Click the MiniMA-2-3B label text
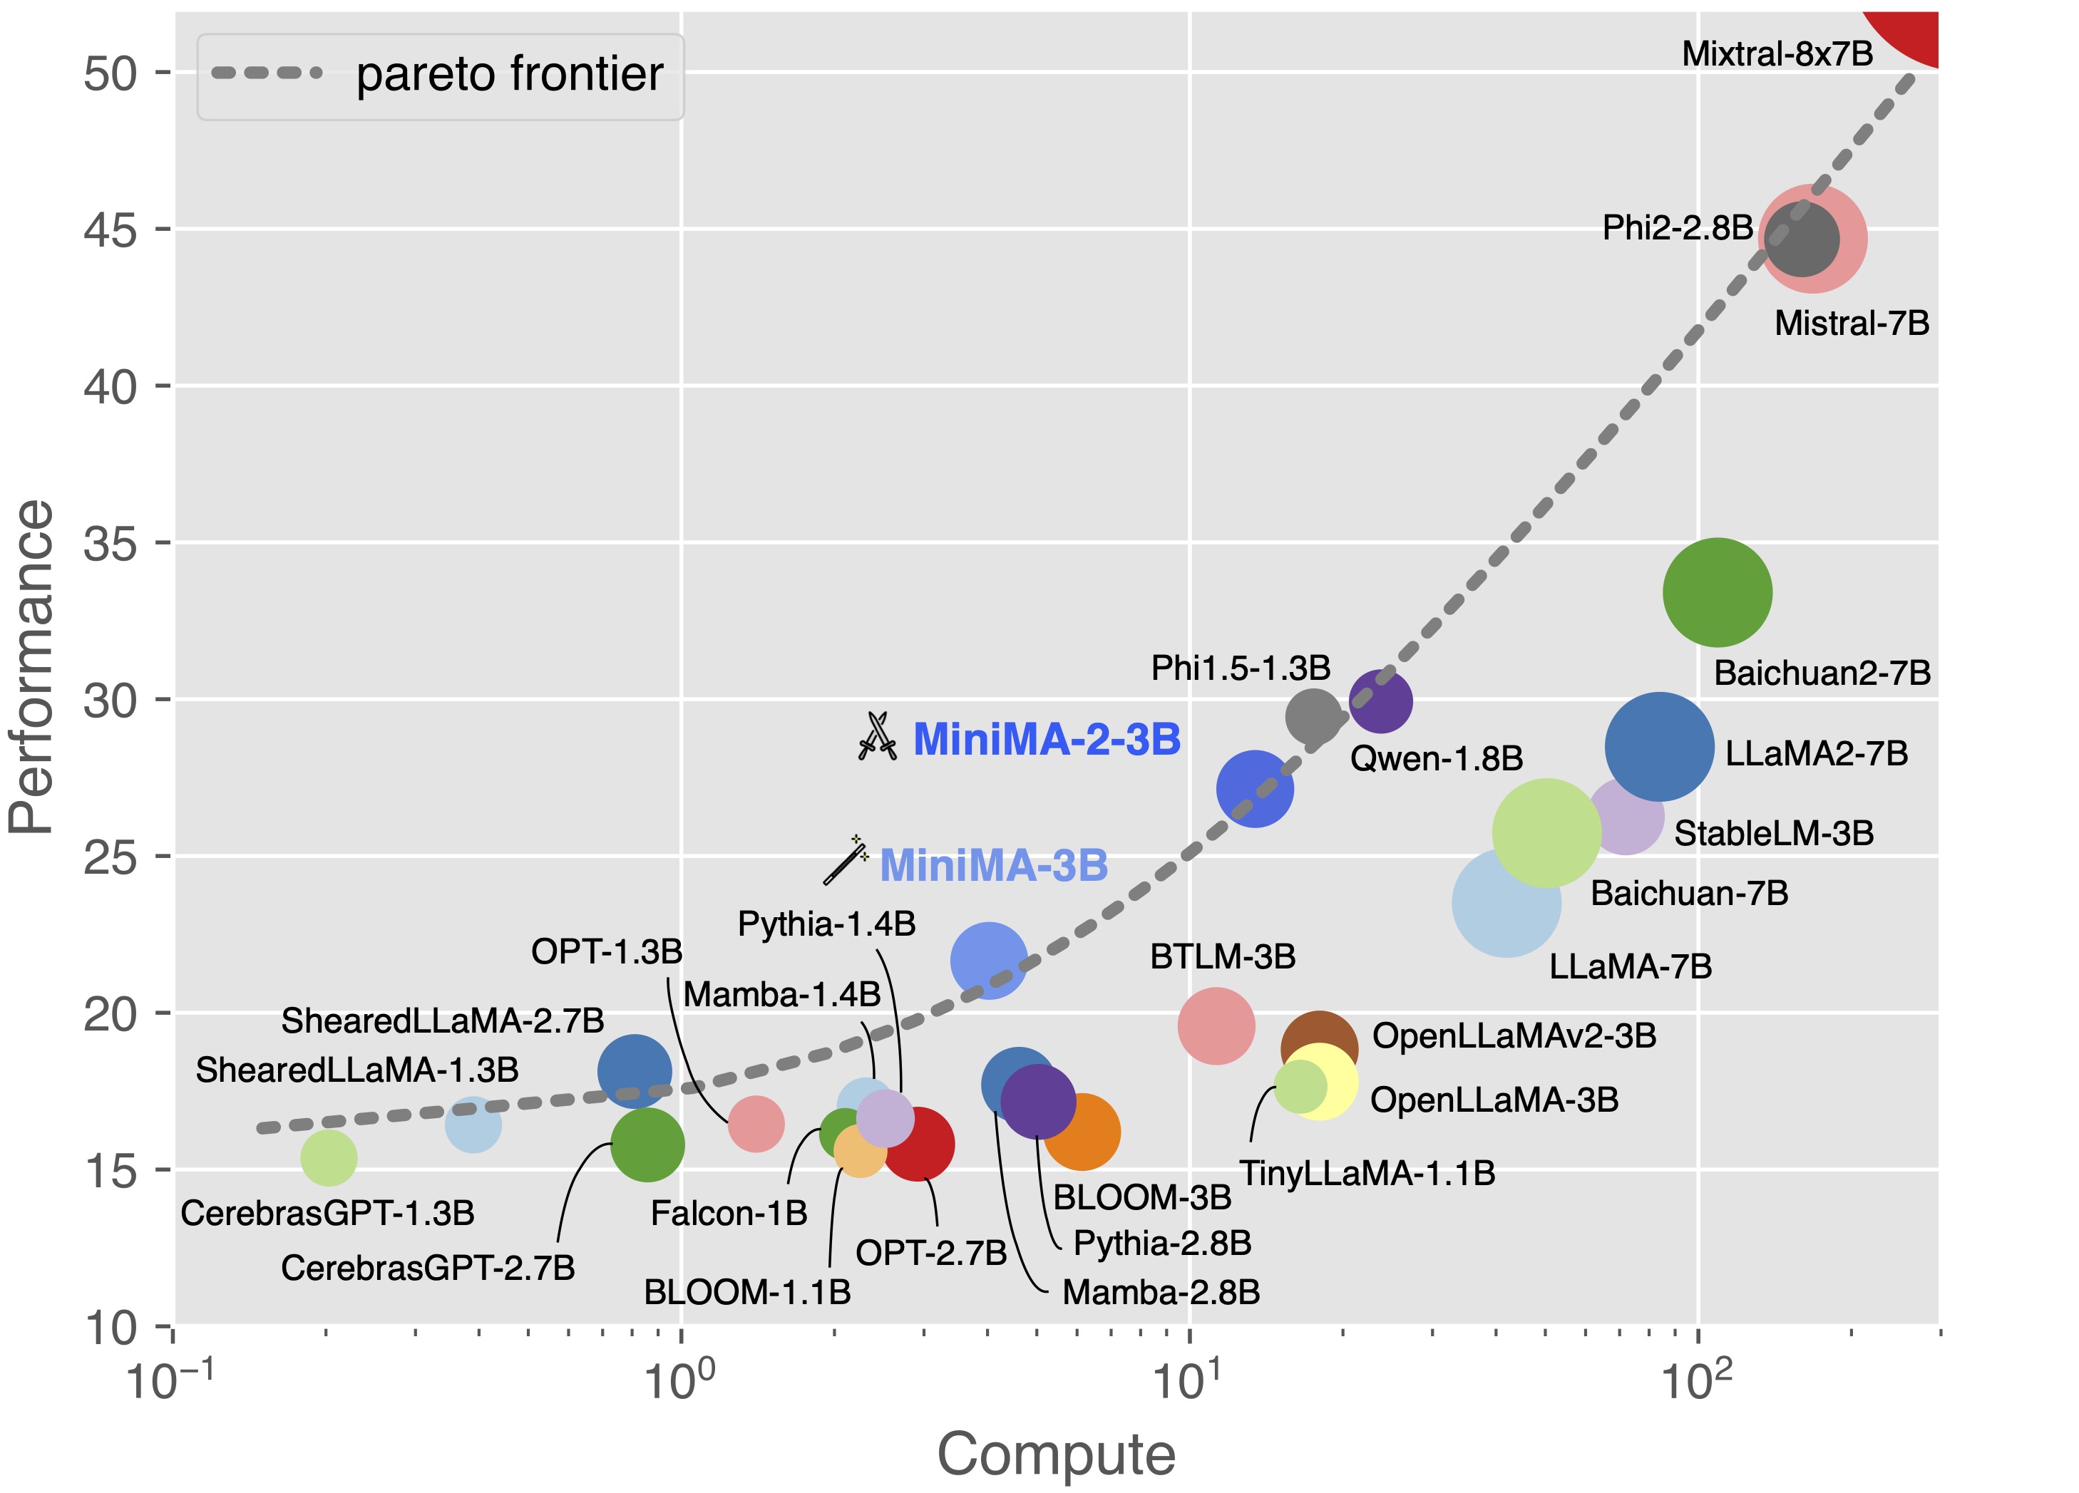[x=1046, y=739]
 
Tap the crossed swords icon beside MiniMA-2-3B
[x=877, y=736]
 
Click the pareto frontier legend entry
[x=440, y=75]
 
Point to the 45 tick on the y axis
[x=109, y=229]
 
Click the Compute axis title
[x=1056, y=1454]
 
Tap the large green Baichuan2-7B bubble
[x=1717, y=593]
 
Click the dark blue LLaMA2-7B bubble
[x=1659, y=747]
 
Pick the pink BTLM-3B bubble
[x=1216, y=1026]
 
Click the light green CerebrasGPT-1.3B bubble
[x=328, y=1157]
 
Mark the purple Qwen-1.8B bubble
[x=1380, y=701]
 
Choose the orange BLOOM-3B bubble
[x=1084, y=1133]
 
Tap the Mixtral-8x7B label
[x=1777, y=54]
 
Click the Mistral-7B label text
[x=1852, y=323]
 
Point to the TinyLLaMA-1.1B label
[x=1367, y=1173]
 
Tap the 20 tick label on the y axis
[x=109, y=1013]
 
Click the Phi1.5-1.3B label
[x=1241, y=668]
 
